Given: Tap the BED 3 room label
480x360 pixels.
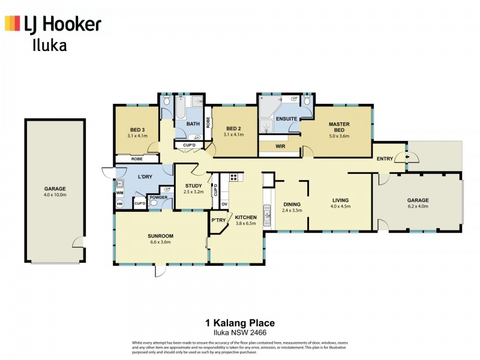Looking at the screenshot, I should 137,130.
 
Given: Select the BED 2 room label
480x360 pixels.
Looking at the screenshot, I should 233,130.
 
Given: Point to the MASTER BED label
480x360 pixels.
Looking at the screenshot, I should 339,127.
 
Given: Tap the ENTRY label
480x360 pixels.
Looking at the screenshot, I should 385,159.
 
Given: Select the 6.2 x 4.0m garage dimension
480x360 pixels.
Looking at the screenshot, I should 418,207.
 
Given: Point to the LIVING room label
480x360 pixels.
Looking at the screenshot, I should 340,200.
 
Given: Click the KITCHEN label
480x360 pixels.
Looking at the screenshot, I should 245,217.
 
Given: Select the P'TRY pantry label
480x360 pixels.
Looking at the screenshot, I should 217,221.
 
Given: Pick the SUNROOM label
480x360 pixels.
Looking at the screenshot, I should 160,236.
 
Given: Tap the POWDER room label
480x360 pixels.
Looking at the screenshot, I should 158,197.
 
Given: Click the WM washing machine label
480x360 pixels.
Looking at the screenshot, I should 119,193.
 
